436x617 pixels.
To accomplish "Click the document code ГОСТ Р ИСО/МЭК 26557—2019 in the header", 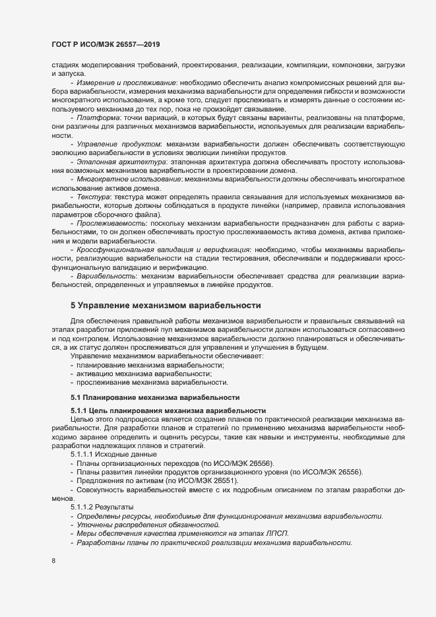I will [106, 44].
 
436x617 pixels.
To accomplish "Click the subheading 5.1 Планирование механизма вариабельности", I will [150, 398].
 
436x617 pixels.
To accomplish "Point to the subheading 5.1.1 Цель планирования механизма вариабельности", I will [168, 410].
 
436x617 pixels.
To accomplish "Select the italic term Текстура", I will [92, 197].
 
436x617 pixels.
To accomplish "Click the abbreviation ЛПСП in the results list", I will [276, 533].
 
